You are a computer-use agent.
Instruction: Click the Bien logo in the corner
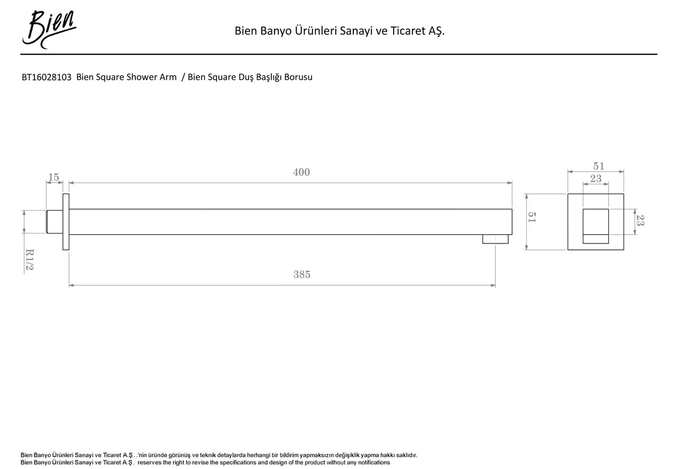coord(49,29)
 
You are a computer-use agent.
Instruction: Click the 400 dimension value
coord(301,173)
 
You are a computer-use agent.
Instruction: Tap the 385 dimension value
coord(302,275)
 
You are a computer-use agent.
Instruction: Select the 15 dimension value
coord(54,177)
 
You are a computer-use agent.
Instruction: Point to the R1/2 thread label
coord(30,260)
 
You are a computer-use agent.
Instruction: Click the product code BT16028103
coord(47,77)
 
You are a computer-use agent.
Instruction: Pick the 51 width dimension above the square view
coord(598,166)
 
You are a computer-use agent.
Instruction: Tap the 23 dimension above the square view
coord(596,179)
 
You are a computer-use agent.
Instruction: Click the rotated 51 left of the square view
coord(533,217)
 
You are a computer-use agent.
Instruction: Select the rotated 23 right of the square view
coord(641,220)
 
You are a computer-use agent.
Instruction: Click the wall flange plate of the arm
coord(66,222)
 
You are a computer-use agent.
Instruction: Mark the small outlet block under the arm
coord(495,239)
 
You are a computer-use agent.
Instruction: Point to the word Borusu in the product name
coord(298,77)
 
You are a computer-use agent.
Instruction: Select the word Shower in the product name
coord(142,77)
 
